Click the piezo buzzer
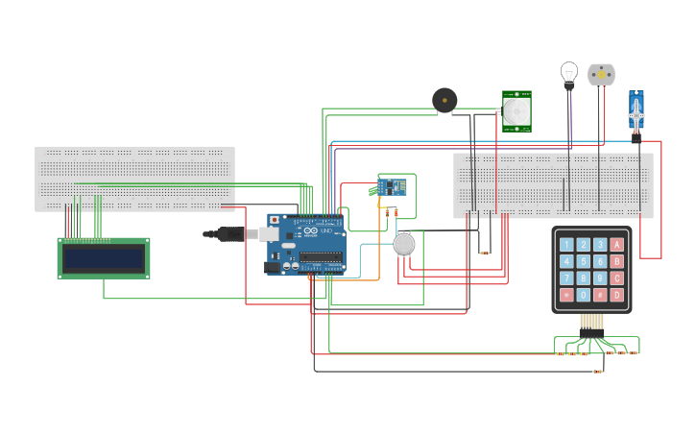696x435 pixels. pos(444,100)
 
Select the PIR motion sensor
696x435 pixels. pos(516,111)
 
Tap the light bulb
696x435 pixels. pos(569,74)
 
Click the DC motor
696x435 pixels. pos(601,74)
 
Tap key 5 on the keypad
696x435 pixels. pos(583,261)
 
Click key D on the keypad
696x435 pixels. pos(616,295)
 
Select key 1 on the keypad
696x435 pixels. pos(566,245)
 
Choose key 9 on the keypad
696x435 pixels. pos(600,278)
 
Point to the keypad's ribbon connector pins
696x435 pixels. pos(591,322)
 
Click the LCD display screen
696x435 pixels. pos(104,257)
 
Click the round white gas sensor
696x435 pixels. pos(404,244)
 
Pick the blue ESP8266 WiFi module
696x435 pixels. pos(391,185)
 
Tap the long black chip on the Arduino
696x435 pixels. pos(321,257)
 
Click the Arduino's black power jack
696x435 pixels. pos(272,267)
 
